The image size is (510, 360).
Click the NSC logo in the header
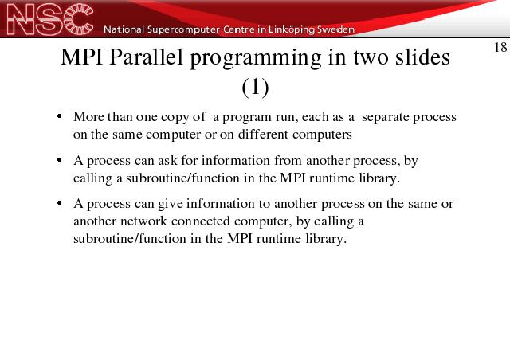coord(49,19)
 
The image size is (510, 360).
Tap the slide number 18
coord(500,48)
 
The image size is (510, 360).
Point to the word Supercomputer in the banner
coord(183,30)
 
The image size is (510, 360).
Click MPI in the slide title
coord(81,57)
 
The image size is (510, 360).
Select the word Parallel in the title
coord(147,57)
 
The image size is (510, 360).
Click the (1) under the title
coord(255,87)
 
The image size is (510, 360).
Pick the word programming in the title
coord(255,59)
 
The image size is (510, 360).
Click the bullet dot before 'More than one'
coord(59,116)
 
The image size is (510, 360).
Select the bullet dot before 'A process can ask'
coord(59,159)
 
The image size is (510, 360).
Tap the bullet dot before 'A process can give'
coord(59,203)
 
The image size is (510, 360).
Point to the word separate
coord(386,117)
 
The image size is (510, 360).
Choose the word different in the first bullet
coord(263,134)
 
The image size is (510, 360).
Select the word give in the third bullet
coord(171,204)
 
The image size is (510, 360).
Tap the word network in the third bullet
coord(143,221)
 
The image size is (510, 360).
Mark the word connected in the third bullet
coord(200,221)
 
